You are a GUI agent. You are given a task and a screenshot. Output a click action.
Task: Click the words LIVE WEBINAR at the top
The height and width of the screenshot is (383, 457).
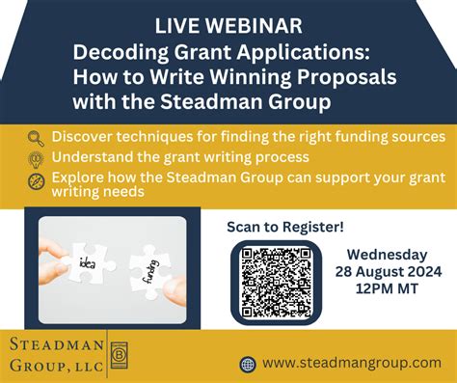pos(228,23)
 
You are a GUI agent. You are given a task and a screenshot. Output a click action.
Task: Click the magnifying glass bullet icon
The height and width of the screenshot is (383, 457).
pos(37,137)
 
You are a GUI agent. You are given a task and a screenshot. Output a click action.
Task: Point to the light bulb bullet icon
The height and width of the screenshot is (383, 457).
pos(37,158)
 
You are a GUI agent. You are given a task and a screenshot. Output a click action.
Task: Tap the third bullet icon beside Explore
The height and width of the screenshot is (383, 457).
pos(37,180)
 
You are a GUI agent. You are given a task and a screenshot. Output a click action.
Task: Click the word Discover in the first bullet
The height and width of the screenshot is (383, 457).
pos(87,137)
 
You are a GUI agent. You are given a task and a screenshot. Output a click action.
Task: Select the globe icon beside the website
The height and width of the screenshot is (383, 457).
pos(247,364)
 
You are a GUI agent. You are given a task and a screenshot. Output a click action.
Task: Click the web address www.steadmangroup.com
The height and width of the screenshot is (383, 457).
pos(346,363)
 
